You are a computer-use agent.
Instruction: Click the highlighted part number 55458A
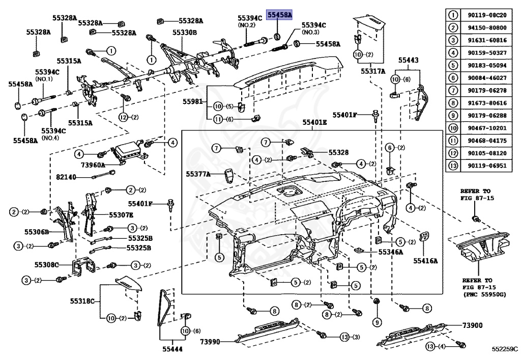point(280,15)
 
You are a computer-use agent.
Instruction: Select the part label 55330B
point(184,32)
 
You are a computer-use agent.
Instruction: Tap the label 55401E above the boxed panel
point(315,123)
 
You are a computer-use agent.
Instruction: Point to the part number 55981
point(193,101)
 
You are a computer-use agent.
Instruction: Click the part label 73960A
point(93,165)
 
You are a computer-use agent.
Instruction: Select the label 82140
point(66,177)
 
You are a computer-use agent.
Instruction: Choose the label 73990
point(210,341)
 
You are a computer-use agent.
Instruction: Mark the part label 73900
point(473,325)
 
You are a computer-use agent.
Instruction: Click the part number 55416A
point(425,260)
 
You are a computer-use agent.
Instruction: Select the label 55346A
point(391,252)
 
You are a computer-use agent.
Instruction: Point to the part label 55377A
point(197,174)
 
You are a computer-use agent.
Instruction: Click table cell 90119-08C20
point(487,16)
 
